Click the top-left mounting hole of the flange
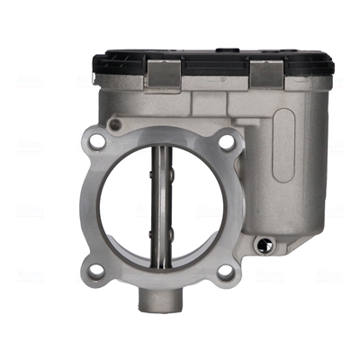coord(96,141)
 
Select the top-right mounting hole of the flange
coord(226,140)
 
